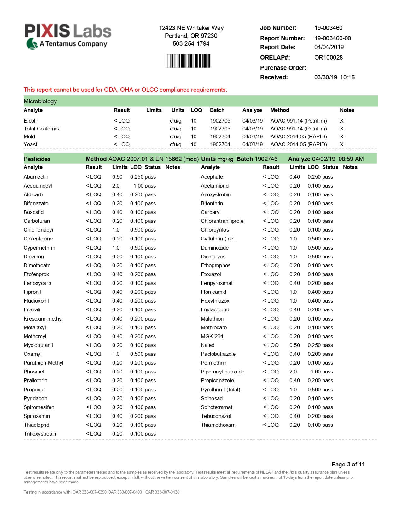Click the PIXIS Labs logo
(68, 36)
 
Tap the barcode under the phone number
(188, 61)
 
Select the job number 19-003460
(328, 28)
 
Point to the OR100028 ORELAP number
(328, 57)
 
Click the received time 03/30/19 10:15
(334, 77)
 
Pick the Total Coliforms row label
(41, 129)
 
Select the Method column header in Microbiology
(280, 110)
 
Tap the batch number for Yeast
(220, 144)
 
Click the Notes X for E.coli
(341, 121)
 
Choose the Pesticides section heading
(37, 159)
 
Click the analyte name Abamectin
(36, 177)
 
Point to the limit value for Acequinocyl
(116, 186)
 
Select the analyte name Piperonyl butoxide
(223, 372)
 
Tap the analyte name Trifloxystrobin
(40, 434)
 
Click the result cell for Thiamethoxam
(271, 425)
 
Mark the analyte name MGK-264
(212, 336)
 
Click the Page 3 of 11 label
(348, 464)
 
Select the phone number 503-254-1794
(191, 43)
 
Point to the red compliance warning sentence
(125, 90)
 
